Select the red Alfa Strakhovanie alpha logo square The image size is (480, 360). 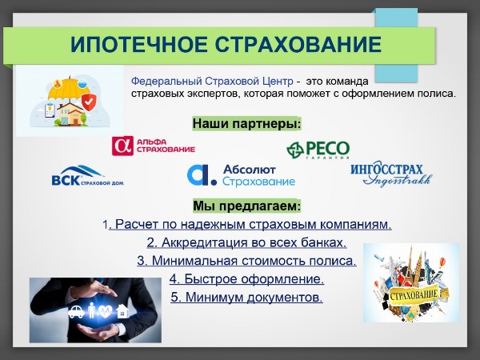pyautogui.click(x=122, y=146)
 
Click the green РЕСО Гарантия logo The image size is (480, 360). pyautogui.click(x=318, y=150)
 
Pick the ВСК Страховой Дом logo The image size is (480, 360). pyautogui.click(x=87, y=176)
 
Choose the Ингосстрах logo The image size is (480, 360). pyautogui.click(x=391, y=174)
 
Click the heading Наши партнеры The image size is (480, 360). pyautogui.click(x=246, y=124)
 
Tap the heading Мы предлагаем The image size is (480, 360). pyautogui.click(x=246, y=206)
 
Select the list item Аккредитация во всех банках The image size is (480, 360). pyautogui.click(x=246, y=242)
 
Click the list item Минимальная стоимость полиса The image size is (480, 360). pyautogui.click(x=246, y=261)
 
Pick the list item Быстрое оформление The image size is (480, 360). pyautogui.click(x=246, y=279)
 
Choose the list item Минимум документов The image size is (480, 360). pyautogui.click(x=246, y=297)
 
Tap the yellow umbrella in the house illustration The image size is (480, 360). pyautogui.click(x=69, y=89)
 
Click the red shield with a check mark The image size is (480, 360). pyautogui.click(x=89, y=102)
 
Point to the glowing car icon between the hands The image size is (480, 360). pyautogui.click(x=76, y=312)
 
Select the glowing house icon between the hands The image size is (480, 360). pyautogui.click(x=122, y=311)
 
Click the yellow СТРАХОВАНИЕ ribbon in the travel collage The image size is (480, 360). pyautogui.click(x=414, y=294)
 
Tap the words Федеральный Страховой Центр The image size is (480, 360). pyautogui.click(x=212, y=82)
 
